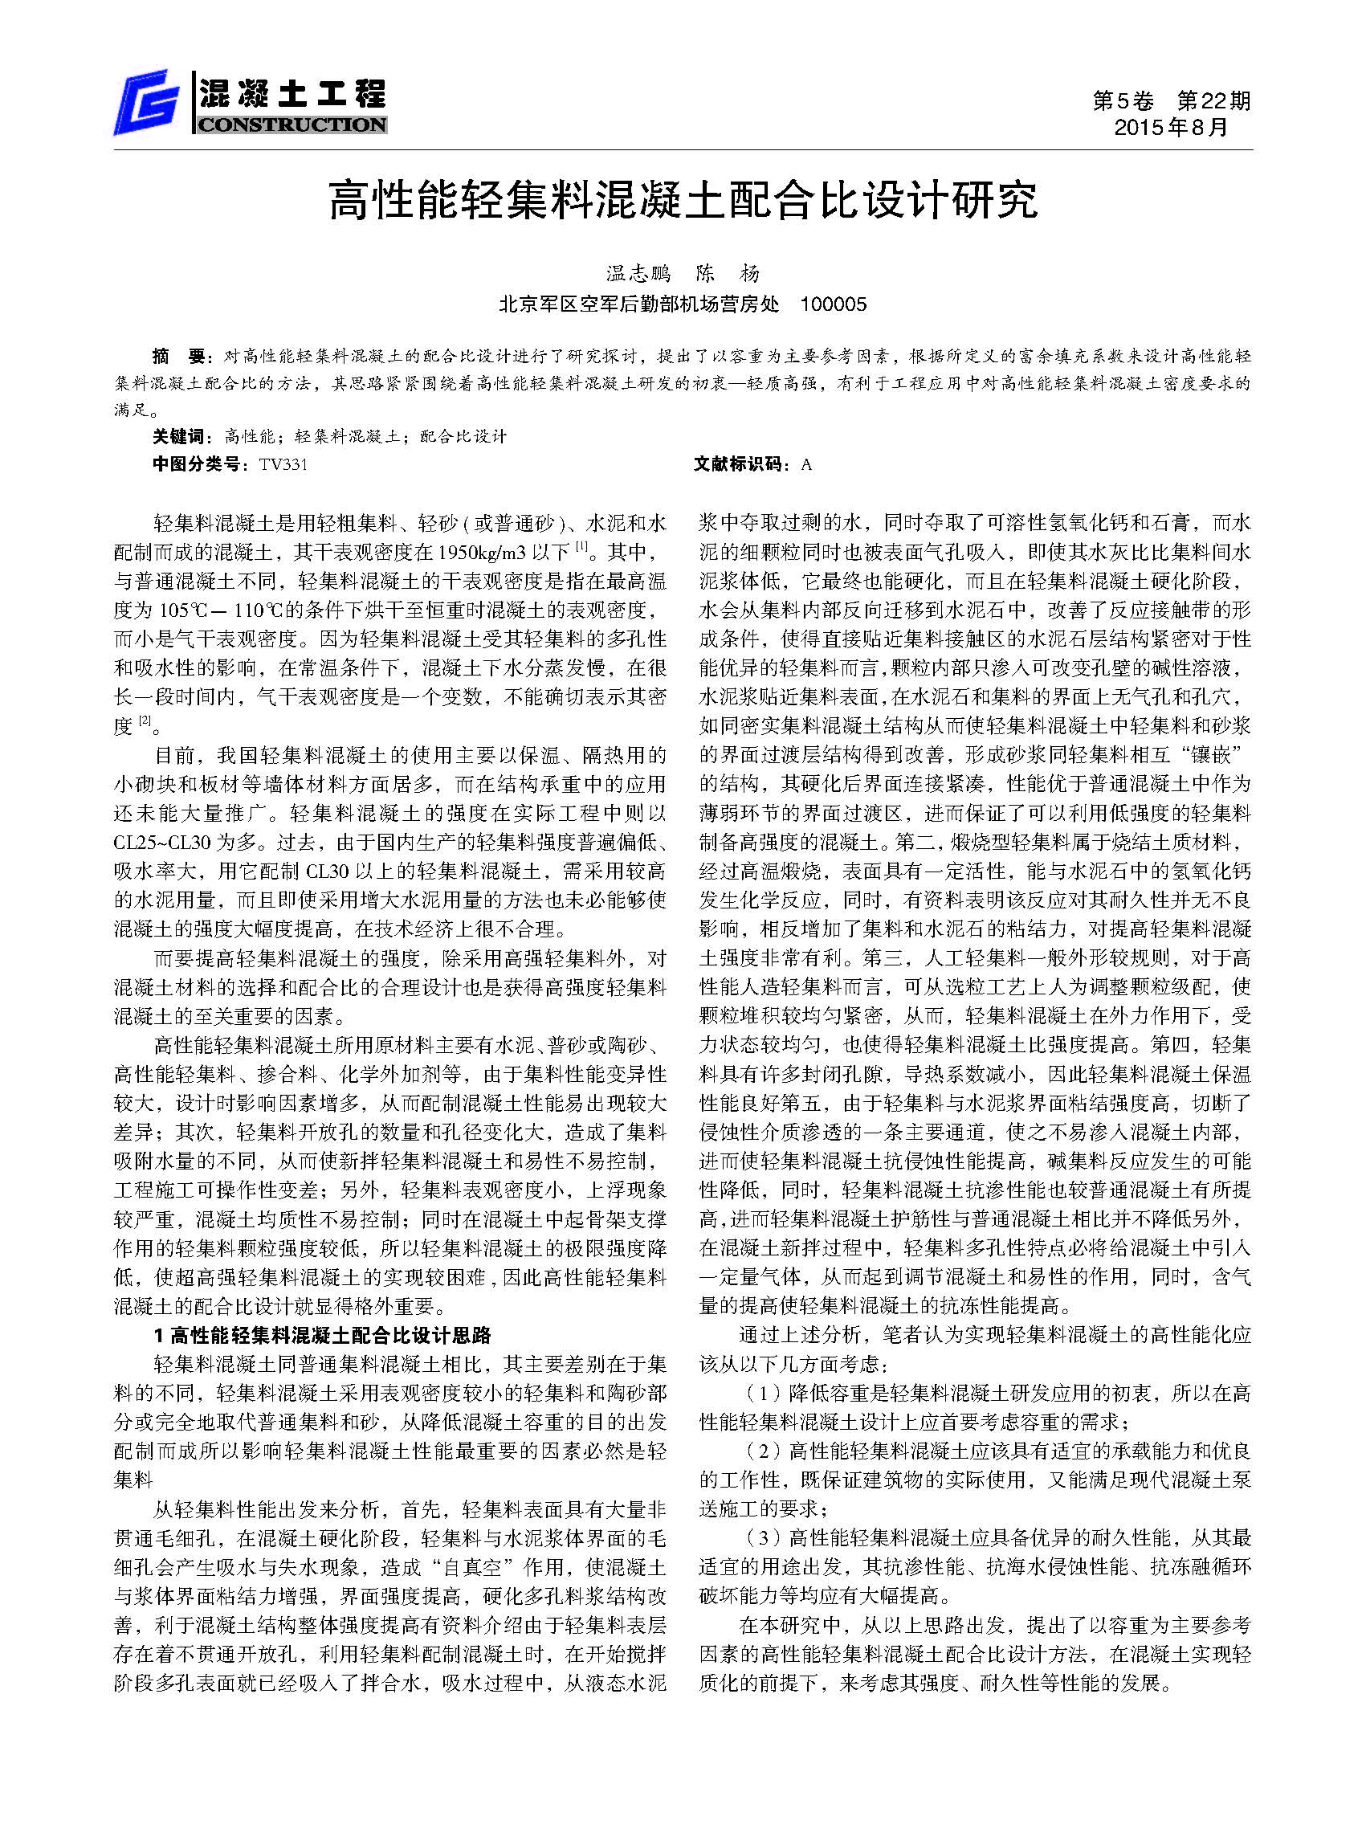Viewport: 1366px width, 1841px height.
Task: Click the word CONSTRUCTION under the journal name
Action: (291, 126)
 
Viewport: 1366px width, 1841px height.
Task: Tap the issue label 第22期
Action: (1213, 101)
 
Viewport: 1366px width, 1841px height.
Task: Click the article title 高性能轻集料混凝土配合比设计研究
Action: (683, 200)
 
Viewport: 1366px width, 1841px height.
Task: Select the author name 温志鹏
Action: (638, 274)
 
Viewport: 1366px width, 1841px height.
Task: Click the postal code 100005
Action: (834, 304)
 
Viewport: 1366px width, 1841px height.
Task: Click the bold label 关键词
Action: (177, 436)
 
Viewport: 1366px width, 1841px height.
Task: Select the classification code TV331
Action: (283, 464)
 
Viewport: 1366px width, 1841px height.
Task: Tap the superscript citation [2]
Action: (145, 721)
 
